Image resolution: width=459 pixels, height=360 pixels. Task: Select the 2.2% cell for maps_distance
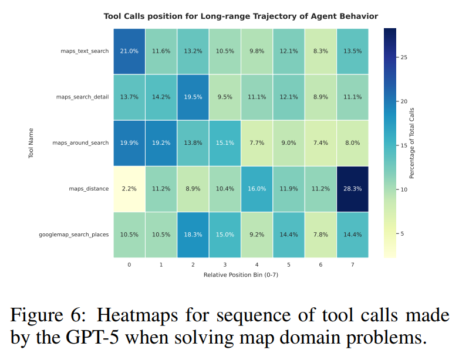pyautogui.click(x=129, y=189)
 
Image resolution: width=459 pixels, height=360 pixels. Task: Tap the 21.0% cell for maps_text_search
pyautogui.click(x=129, y=51)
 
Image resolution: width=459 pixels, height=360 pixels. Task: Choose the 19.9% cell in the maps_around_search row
pyautogui.click(x=129, y=142)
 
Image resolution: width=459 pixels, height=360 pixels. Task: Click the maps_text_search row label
pyautogui.click(x=85, y=51)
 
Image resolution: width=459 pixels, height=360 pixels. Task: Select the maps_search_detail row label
pyautogui.click(x=82, y=97)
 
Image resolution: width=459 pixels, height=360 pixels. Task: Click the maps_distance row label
pyautogui.click(x=89, y=189)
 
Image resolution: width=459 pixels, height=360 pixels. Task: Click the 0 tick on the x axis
pyautogui.click(x=129, y=265)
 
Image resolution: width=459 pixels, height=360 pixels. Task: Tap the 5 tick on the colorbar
pyautogui.click(x=402, y=233)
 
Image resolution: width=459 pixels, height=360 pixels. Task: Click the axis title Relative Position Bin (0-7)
pyautogui.click(x=240, y=274)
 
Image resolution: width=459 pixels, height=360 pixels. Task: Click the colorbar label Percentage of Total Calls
pyautogui.click(x=413, y=143)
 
